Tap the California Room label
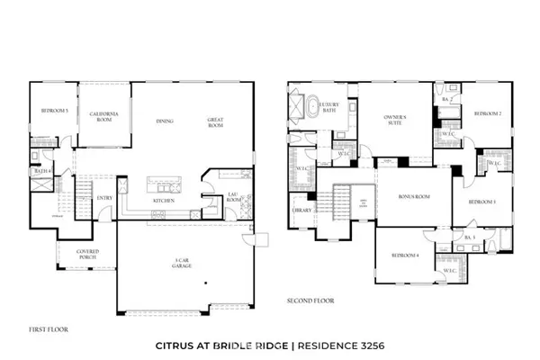click(104, 116)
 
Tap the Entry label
click(104, 199)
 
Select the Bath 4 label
click(40, 169)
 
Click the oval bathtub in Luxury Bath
click(312, 109)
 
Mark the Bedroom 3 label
click(486, 202)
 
